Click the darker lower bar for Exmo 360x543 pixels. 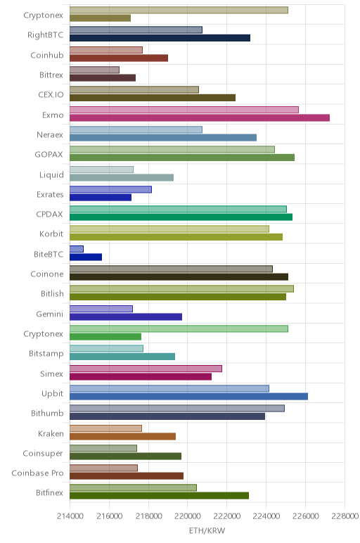200,117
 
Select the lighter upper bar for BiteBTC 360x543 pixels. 77,249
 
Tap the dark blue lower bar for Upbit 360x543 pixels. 188,397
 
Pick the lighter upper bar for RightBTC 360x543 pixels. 136,30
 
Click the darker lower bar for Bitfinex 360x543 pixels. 159,496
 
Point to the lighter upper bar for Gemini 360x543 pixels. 101,309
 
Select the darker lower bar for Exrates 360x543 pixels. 101,198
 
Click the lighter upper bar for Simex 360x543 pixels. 146,369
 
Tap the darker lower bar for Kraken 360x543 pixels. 122,436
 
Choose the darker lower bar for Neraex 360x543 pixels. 163,137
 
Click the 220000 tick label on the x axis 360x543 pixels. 187,516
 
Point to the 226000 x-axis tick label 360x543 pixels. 306,516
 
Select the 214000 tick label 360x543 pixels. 70,516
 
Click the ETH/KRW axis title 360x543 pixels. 207,530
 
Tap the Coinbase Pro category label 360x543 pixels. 38,473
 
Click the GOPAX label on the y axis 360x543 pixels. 49,155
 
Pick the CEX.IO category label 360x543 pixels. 51,94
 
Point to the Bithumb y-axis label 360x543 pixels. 47,413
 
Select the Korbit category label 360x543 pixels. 51,234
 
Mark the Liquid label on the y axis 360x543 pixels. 51,174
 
